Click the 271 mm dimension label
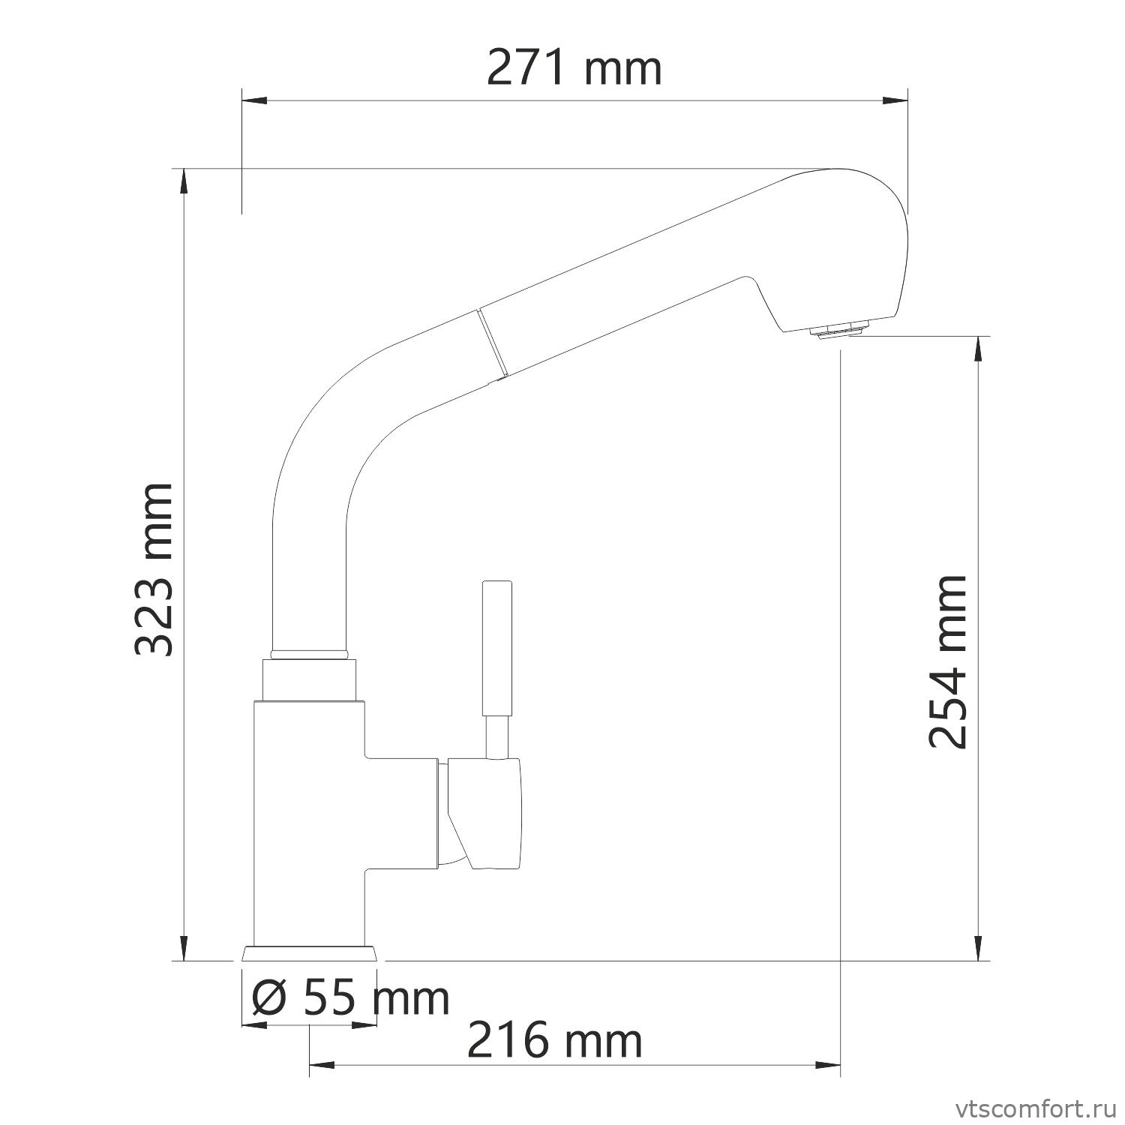(574, 69)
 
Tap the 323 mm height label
(155, 569)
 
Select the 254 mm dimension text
(947, 662)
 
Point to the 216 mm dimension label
(554, 1042)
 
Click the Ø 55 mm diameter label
(350, 998)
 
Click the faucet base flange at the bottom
(309, 953)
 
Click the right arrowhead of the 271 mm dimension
(897, 100)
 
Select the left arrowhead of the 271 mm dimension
(253, 100)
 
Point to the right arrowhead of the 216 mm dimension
(829, 1063)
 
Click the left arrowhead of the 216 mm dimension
(320, 1063)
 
